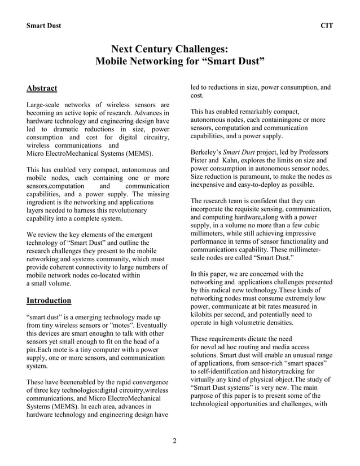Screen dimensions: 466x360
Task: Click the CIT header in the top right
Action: (x=326, y=27)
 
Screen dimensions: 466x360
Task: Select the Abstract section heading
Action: (x=42, y=88)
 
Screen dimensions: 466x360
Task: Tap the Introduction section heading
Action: (x=49, y=300)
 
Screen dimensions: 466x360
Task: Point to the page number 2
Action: (x=175, y=441)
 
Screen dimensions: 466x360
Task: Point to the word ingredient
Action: (x=45, y=202)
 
